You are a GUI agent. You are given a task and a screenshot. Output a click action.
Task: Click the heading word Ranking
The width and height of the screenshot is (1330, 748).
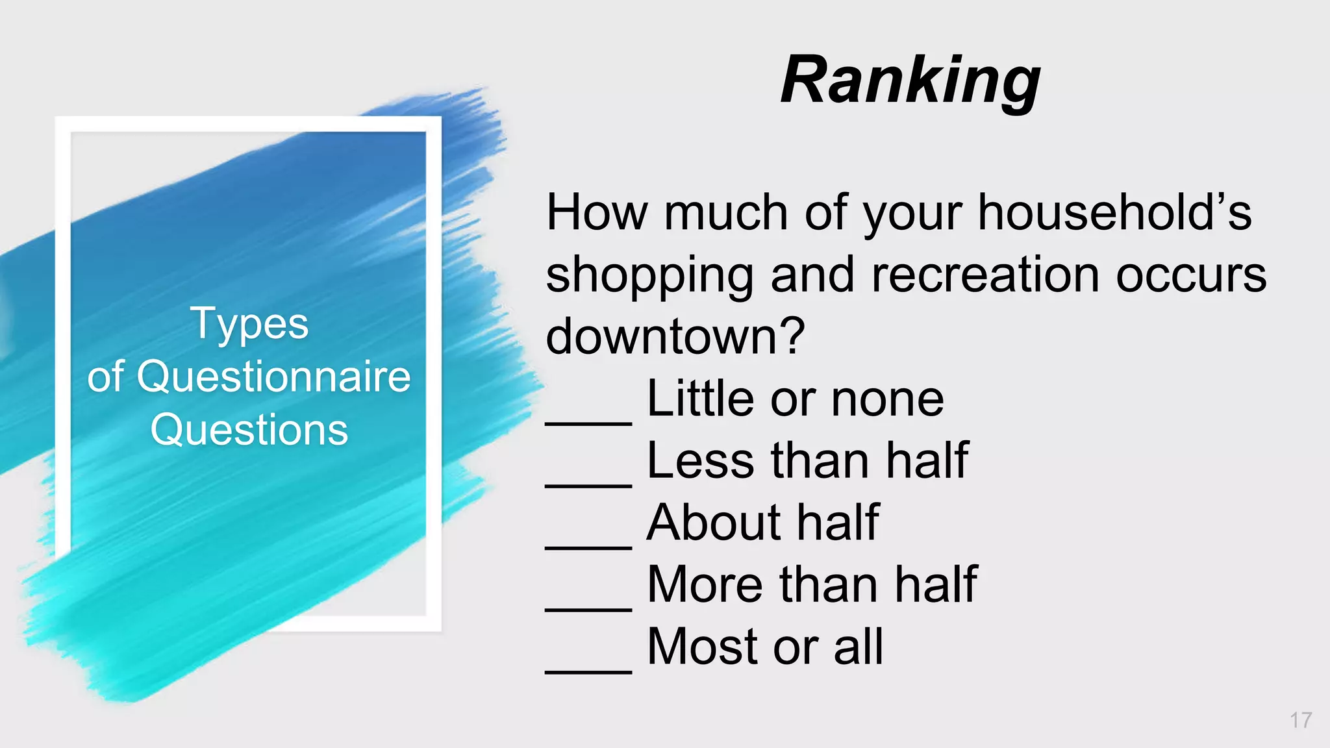[910, 80]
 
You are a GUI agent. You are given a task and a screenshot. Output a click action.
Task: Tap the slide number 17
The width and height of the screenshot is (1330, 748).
[1301, 720]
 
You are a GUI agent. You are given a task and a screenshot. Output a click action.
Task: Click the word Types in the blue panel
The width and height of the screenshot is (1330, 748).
[249, 324]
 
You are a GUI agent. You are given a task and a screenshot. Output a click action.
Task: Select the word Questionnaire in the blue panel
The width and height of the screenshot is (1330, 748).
[273, 377]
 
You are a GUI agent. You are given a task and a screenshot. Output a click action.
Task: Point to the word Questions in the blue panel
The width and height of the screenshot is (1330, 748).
[249, 430]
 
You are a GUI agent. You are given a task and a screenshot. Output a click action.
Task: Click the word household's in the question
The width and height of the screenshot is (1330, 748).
[1114, 212]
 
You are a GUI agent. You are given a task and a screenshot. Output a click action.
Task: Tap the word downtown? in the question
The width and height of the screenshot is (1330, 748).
[675, 336]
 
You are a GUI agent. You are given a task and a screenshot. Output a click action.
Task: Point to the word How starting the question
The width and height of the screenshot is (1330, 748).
[597, 212]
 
